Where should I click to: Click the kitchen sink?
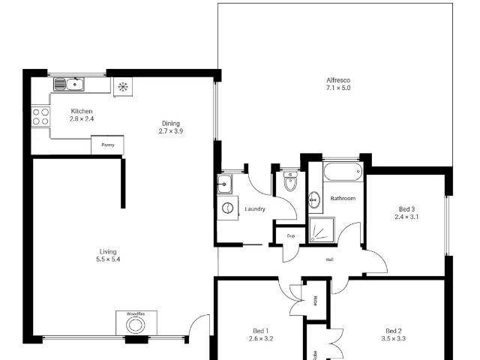(x=69, y=84)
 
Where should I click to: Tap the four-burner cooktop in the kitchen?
(x=40, y=117)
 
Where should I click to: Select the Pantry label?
(x=108, y=145)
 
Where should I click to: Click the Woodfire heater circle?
(x=135, y=325)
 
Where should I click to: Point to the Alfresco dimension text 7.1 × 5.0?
(x=338, y=88)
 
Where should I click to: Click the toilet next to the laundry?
(x=290, y=181)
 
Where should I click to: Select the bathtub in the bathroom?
(x=343, y=172)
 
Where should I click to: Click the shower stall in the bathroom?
(x=322, y=229)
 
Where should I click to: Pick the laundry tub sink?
(x=225, y=184)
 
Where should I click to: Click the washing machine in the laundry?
(x=227, y=208)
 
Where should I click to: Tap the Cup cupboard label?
(x=291, y=236)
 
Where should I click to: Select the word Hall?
(x=329, y=259)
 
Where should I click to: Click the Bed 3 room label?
(x=406, y=209)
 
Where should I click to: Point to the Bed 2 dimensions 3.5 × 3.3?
(x=394, y=338)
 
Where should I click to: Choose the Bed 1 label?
(x=261, y=331)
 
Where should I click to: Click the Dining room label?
(x=171, y=123)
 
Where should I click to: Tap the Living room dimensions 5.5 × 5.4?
(x=108, y=259)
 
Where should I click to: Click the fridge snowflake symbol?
(x=123, y=87)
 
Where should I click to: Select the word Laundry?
(x=255, y=209)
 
